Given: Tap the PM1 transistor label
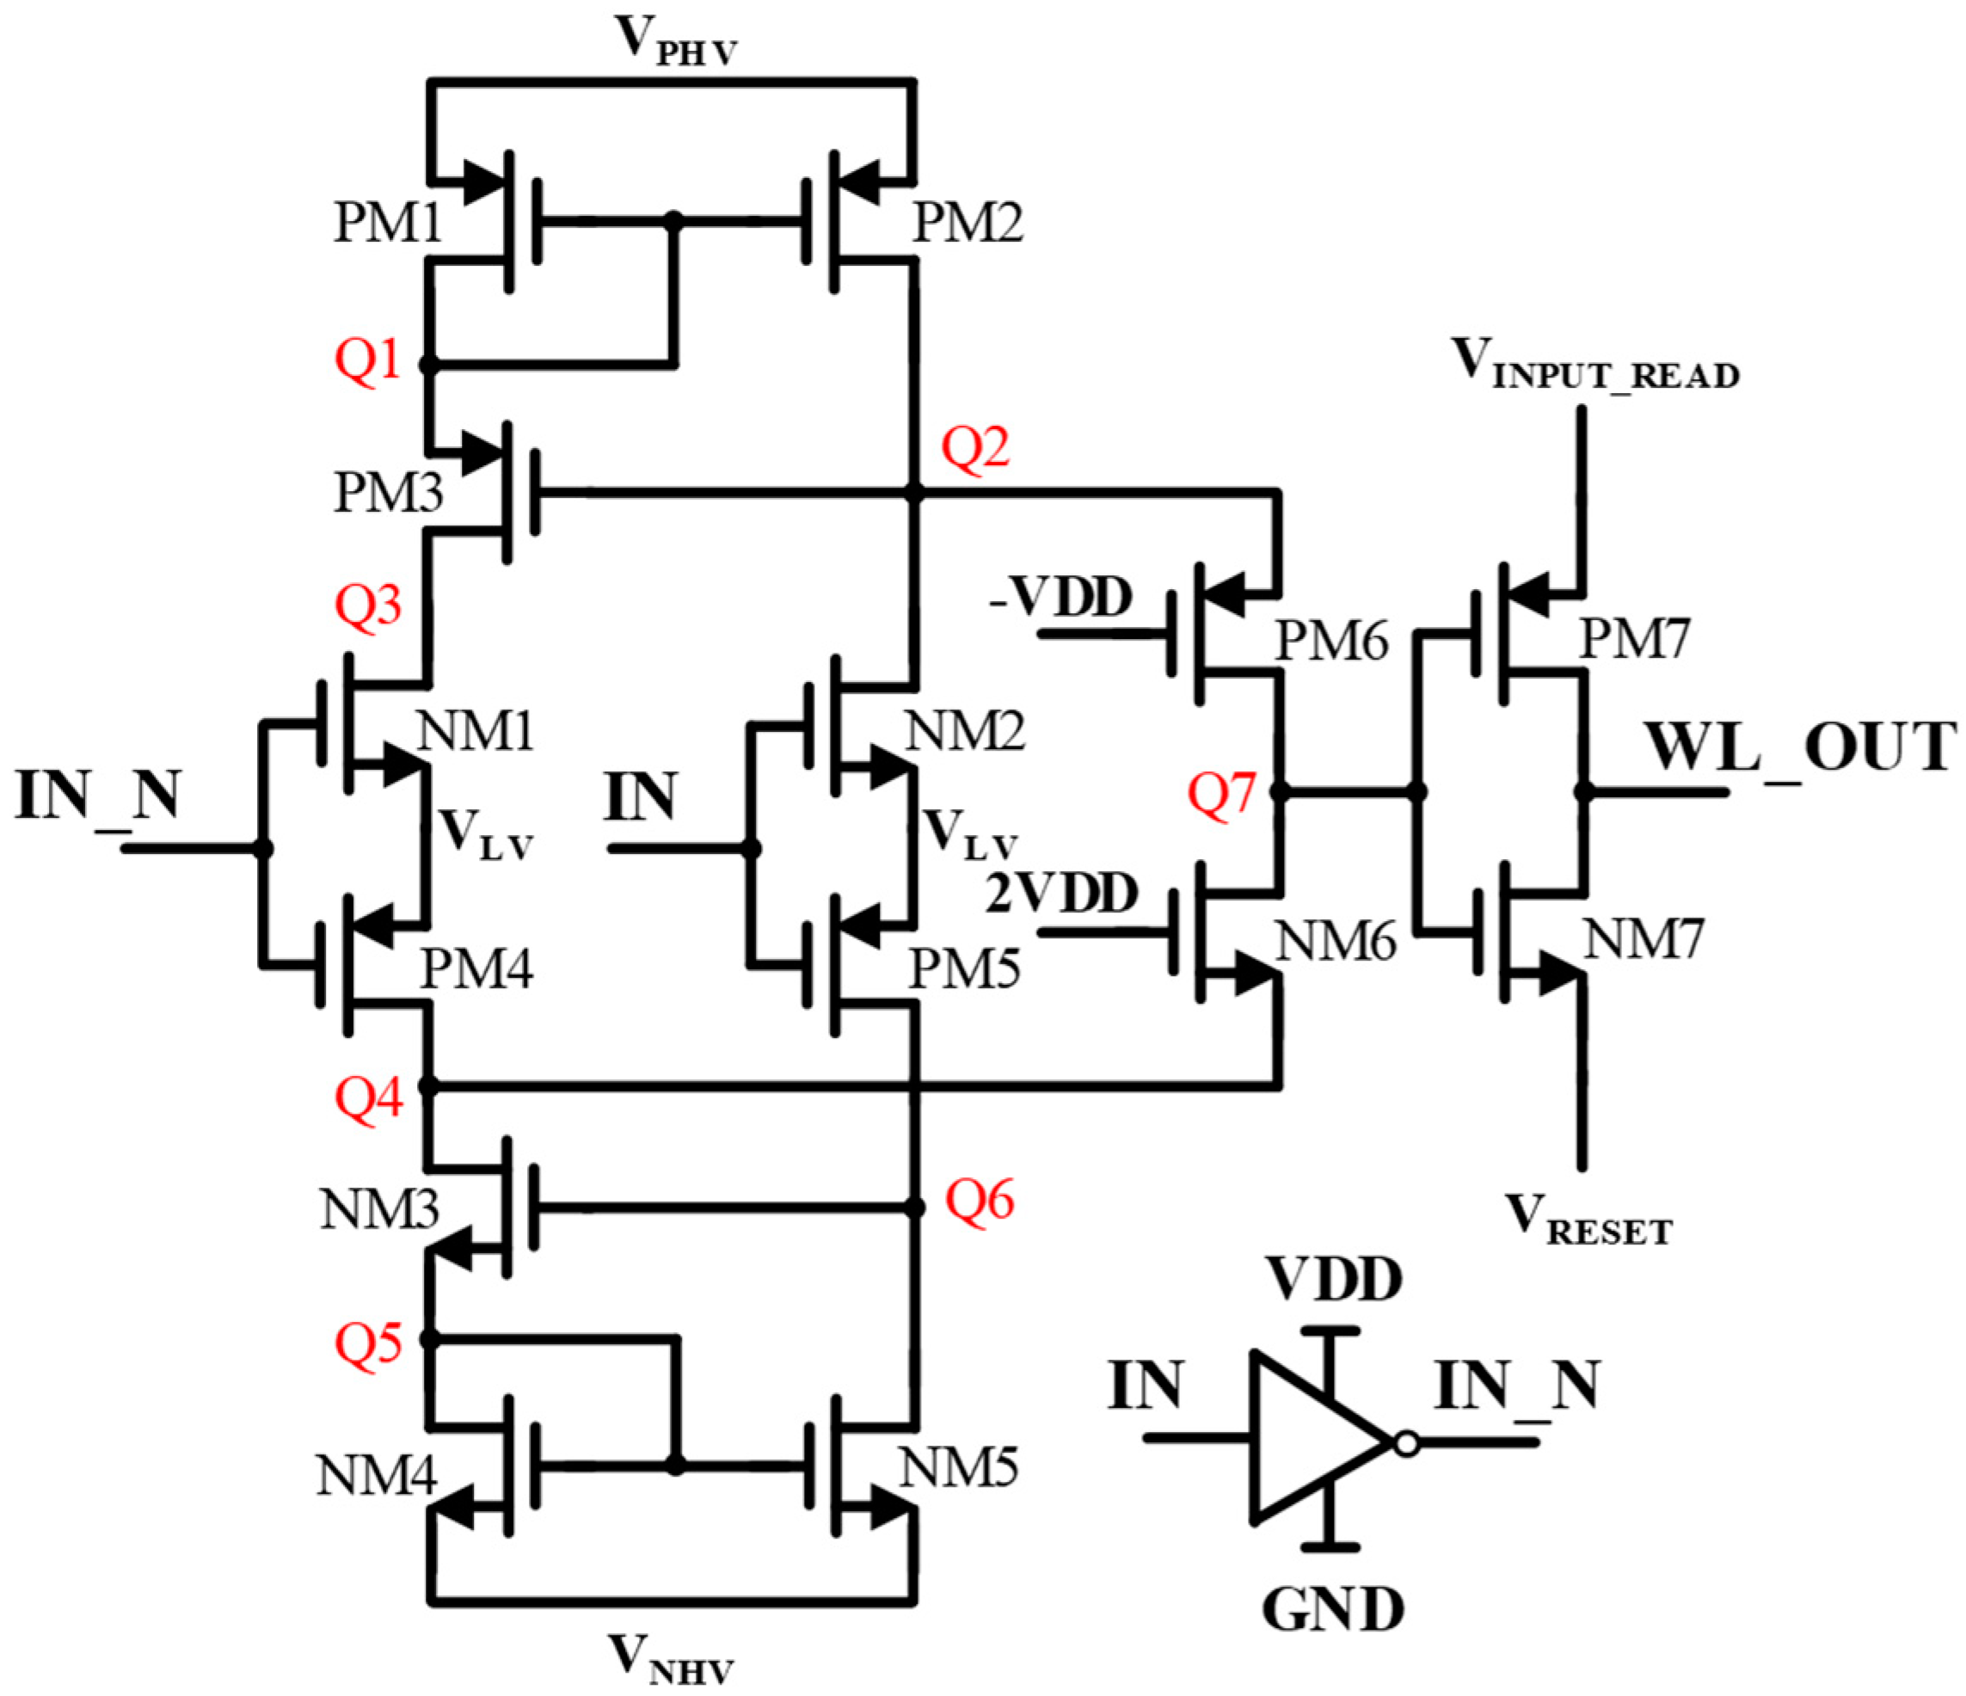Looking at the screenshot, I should [x=388, y=225].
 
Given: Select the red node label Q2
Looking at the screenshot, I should [x=974, y=447].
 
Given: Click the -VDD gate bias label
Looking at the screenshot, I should [x=1060, y=598].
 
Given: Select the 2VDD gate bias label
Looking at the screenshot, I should [x=1060, y=894].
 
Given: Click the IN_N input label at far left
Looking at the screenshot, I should [x=98, y=796].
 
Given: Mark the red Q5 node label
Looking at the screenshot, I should [x=368, y=1342].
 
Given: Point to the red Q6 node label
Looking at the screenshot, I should [x=980, y=1200].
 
